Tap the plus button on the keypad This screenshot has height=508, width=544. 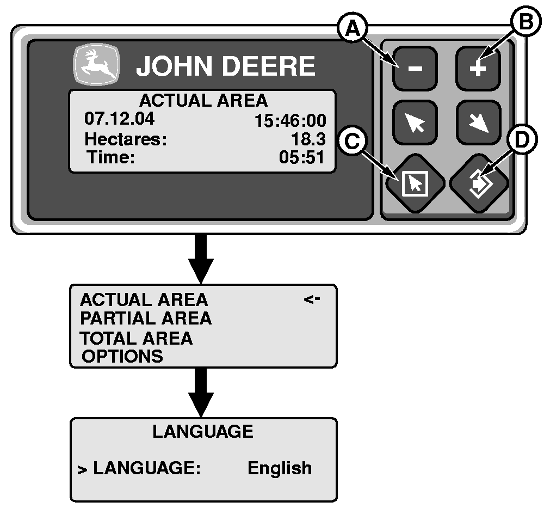(x=477, y=68)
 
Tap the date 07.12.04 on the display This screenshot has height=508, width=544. (x=119, y=118)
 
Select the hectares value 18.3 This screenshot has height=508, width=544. (x=308, y=139)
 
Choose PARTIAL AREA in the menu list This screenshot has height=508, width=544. (x=145, y=318)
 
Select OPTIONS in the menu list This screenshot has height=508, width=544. (x=122, y=356)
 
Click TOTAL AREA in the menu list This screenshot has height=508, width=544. (x=136, y=338)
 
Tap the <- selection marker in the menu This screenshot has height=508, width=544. (x=312, y=299)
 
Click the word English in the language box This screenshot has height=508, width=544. (x=280, y=468)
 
